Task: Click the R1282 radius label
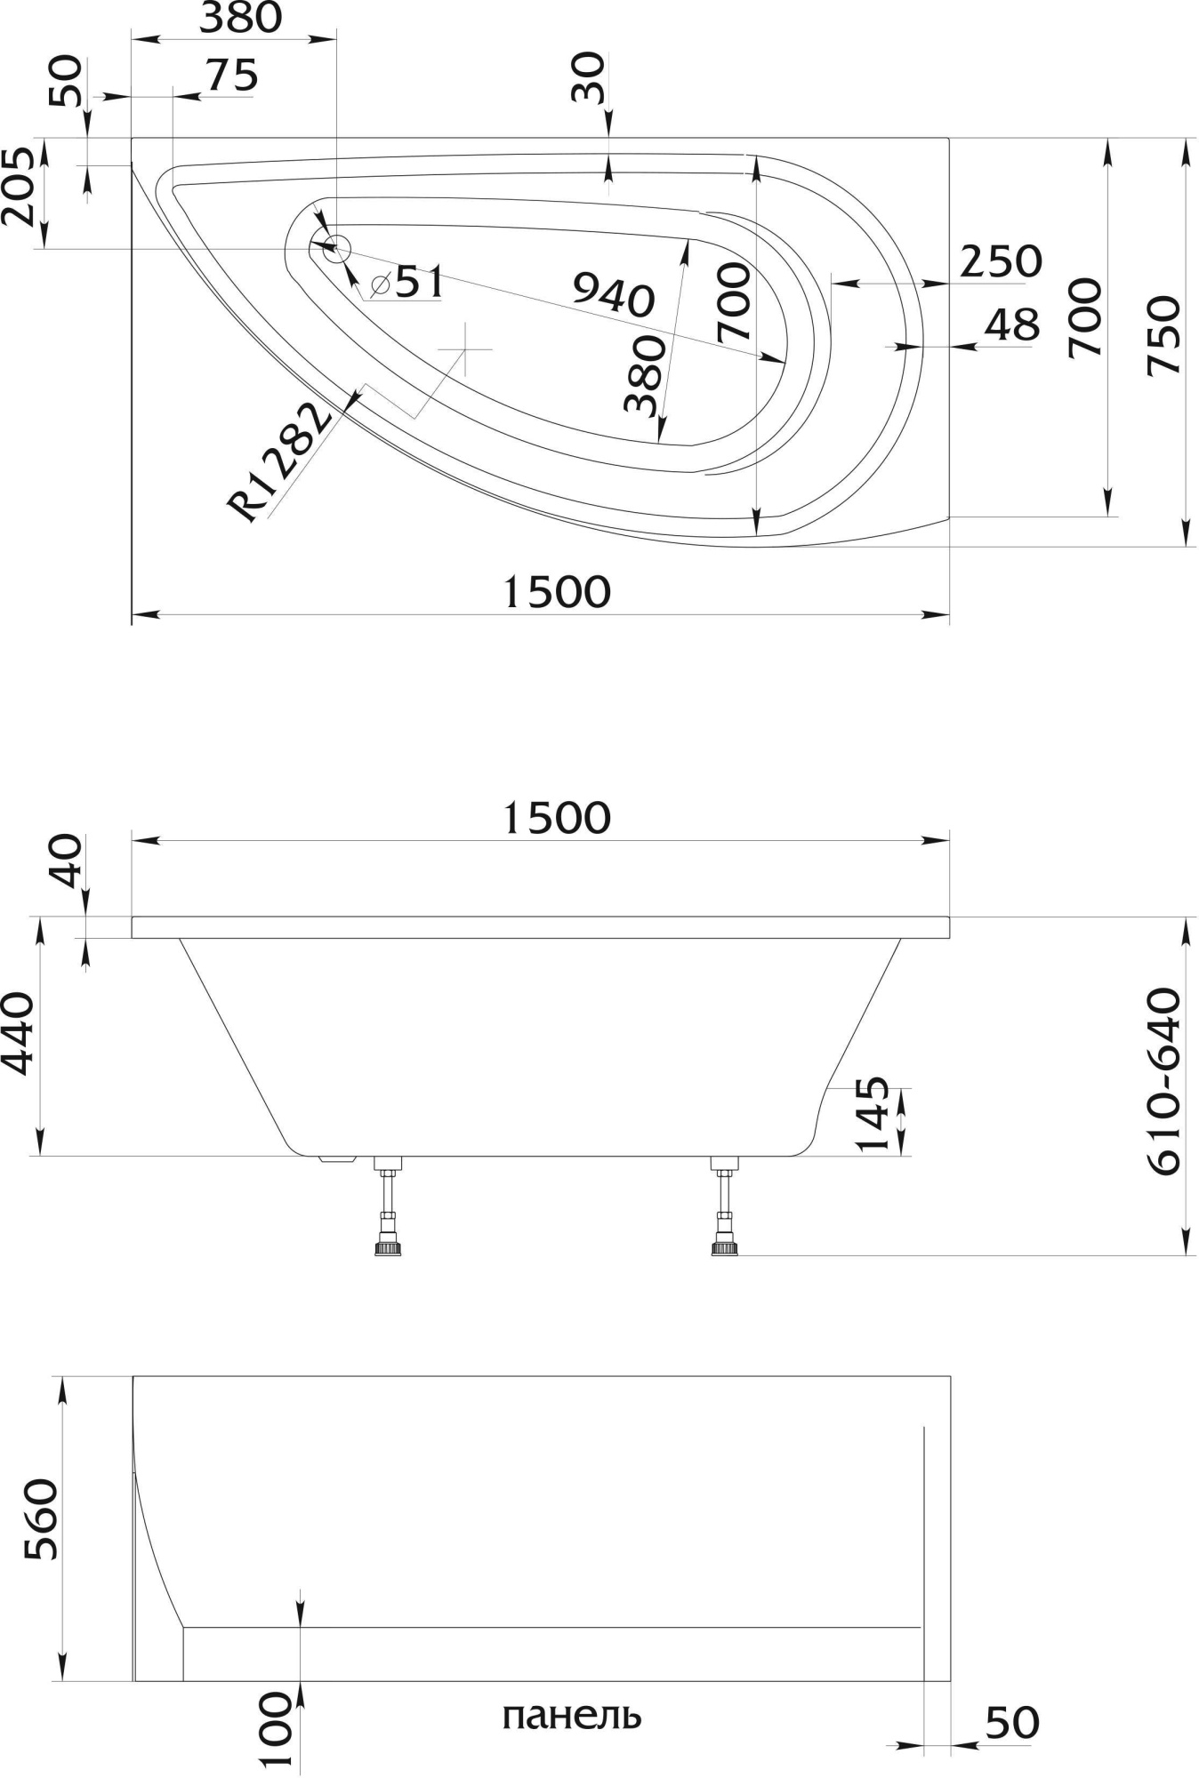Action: (278, 461)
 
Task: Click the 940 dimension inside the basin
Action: (614, 295)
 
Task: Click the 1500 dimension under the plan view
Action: (557, 592)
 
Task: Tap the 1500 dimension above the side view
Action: (557, 818)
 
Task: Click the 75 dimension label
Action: (232, 76)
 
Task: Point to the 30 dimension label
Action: (588, 78)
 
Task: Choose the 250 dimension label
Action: (1001, 261)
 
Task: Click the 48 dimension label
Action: (1012, 325)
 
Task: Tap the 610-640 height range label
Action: (1164, 1082)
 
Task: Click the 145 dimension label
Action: (873, 1114)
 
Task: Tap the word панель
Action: (571, 1715)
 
